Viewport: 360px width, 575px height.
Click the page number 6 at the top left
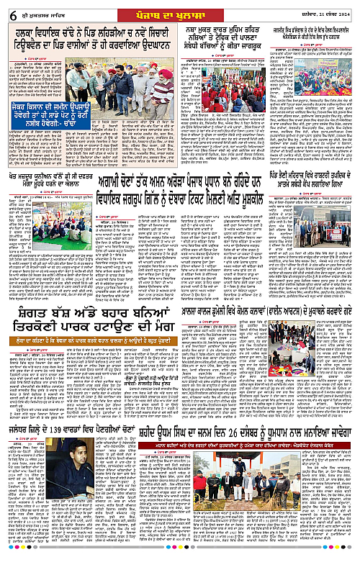click(x=6, y=9)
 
